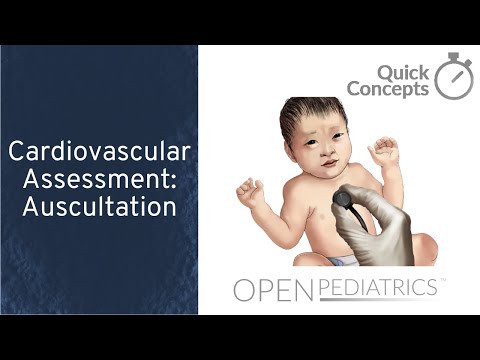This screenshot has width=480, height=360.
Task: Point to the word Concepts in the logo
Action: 388,89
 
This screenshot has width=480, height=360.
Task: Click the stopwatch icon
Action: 456,75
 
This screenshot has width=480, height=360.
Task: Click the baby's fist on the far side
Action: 248,190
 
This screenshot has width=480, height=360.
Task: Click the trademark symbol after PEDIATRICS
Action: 442,283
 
